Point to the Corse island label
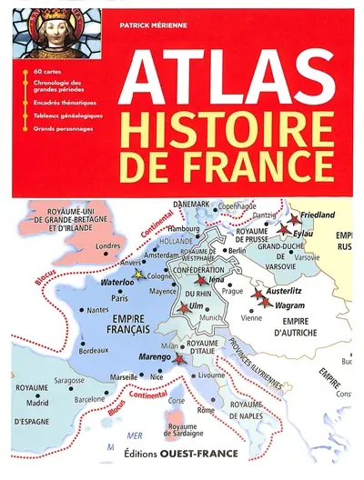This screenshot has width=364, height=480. pyautogui.click(x=177, y=399)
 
